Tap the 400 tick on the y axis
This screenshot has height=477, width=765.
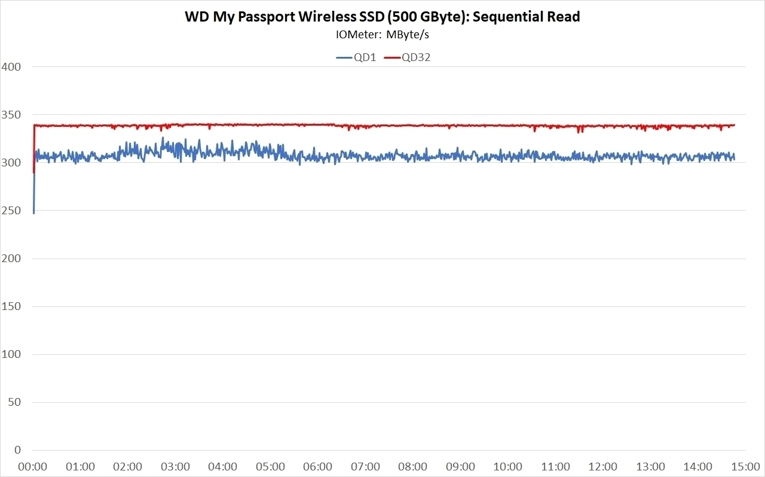tap(11, 66)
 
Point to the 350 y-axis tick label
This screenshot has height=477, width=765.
tap(11, 114)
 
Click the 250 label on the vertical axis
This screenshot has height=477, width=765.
tap(11, 211)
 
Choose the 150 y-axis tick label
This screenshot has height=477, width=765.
tap(11, 306)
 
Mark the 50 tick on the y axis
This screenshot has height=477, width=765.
tap(14, 402)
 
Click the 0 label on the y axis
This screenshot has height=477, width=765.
tap(17, 450)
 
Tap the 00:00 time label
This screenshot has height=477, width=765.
tap(33, 466)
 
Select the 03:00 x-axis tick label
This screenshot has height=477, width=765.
tap(175, 466)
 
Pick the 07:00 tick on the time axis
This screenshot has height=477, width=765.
tap(365, 466)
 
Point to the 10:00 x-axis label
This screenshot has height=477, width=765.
tap(508, 466)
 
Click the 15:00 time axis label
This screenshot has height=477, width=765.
tap(745, 466)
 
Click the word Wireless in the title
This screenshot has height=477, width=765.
tap(322, 17)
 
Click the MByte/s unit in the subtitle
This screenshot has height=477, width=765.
tap(408, 34)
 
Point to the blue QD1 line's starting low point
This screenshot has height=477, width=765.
tap(33, 212)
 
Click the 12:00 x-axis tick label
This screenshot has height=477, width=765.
tap(603, 466)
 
